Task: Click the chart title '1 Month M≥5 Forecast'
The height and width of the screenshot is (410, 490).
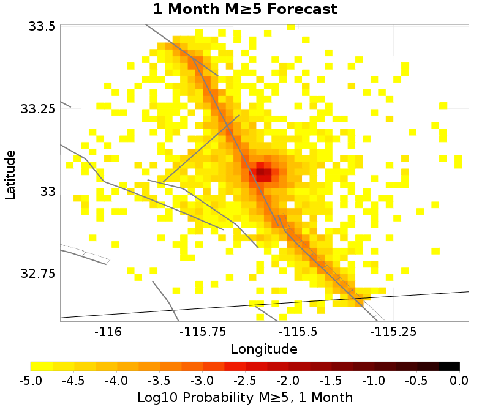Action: [x=245, y=9]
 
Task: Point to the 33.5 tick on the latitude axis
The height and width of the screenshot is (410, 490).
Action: [x=42, y=26]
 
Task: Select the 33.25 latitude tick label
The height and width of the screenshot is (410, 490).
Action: [x=38, y=109]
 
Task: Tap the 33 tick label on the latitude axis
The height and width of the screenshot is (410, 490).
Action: [x=48, y=192]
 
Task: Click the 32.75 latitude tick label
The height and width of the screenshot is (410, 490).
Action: [x=38, y=274]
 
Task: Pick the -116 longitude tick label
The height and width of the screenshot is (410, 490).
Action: [x=108, y=331]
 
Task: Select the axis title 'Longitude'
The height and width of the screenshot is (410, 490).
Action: [x=264, y=349]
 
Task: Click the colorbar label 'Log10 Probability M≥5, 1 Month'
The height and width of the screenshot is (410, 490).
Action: [x=244, y=397]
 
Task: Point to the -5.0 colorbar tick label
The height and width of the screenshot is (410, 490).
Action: [x=31, y=380]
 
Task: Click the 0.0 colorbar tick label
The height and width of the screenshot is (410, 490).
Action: [x=459, y=380]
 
